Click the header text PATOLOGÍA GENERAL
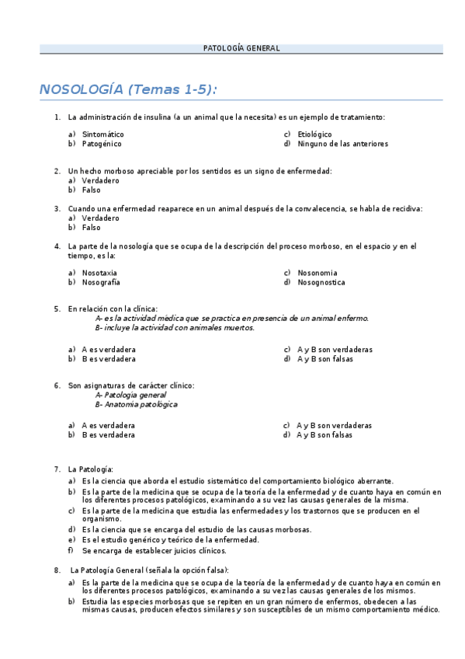[x=241, y=48]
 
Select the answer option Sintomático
[x=102, y=134]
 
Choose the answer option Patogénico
[x=102, y=143]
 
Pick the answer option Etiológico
[x=314, y=134]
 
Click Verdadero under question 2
[x=100, y=180]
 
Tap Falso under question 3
[x=91, y=228]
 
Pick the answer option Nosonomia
[x=317, y=273]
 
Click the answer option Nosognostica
[x=322, y=282]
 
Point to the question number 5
[x=57, y=309]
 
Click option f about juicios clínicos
[x=154, y=550]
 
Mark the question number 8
[x=57, y=570]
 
